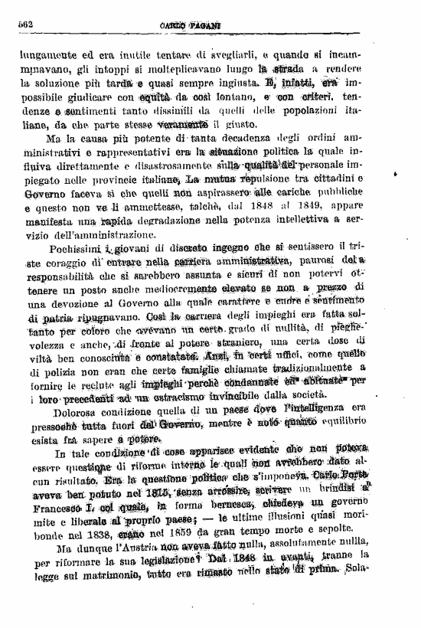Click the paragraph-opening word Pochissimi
74,249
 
